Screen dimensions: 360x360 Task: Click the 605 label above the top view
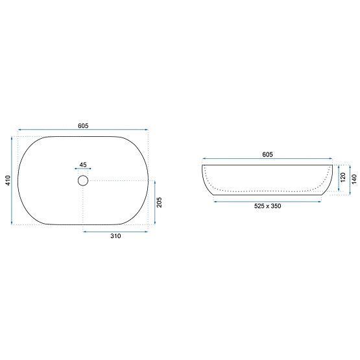pyautogui.click(x=83, y=125)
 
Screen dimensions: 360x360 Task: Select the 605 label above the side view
pyautogui.click(x=267, y=154)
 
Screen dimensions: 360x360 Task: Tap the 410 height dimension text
pyautogui.click(x=7, y=181)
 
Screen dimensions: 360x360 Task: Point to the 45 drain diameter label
pyautogui.click(x=83, y=165)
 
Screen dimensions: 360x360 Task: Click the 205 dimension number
pyautogui.click(x=160, y=202)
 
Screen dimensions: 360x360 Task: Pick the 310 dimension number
pyautogui.click(x=115, y=237)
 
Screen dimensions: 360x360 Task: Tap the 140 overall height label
pyautogui.click(x=354, y=179)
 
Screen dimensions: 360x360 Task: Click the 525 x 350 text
pyautogui.click(x=267, y=207)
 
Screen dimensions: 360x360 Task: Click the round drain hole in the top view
pyautogui.click(x=83, y=180)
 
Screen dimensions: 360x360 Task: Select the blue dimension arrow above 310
pyautogui.click(x=115, y=230)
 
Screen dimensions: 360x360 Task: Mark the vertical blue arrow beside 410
pyautogui.click(x=12, y=181)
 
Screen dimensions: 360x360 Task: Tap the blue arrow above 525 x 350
pyautogui.click(x=267, y=201)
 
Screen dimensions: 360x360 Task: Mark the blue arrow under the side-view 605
pyautogui.click(x=267, y=159)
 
